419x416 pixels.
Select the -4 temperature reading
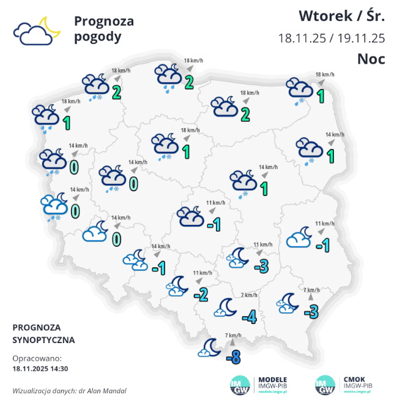(x=249, y=317)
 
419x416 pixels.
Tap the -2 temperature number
(x=201, y=294)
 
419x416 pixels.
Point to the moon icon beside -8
(x=210, y=348)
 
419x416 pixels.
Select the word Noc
(x=371, y=58)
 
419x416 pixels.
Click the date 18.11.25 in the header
(x=302, y=37)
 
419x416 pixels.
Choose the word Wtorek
(x=324, y=15)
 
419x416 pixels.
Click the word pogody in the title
(x=97, y=37)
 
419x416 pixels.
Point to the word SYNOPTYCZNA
(x=43, y=339)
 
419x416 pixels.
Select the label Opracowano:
(x=37, y=358)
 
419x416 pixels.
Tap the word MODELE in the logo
(x=273, y=379)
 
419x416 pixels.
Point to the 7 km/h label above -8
(x=233, y=335)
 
